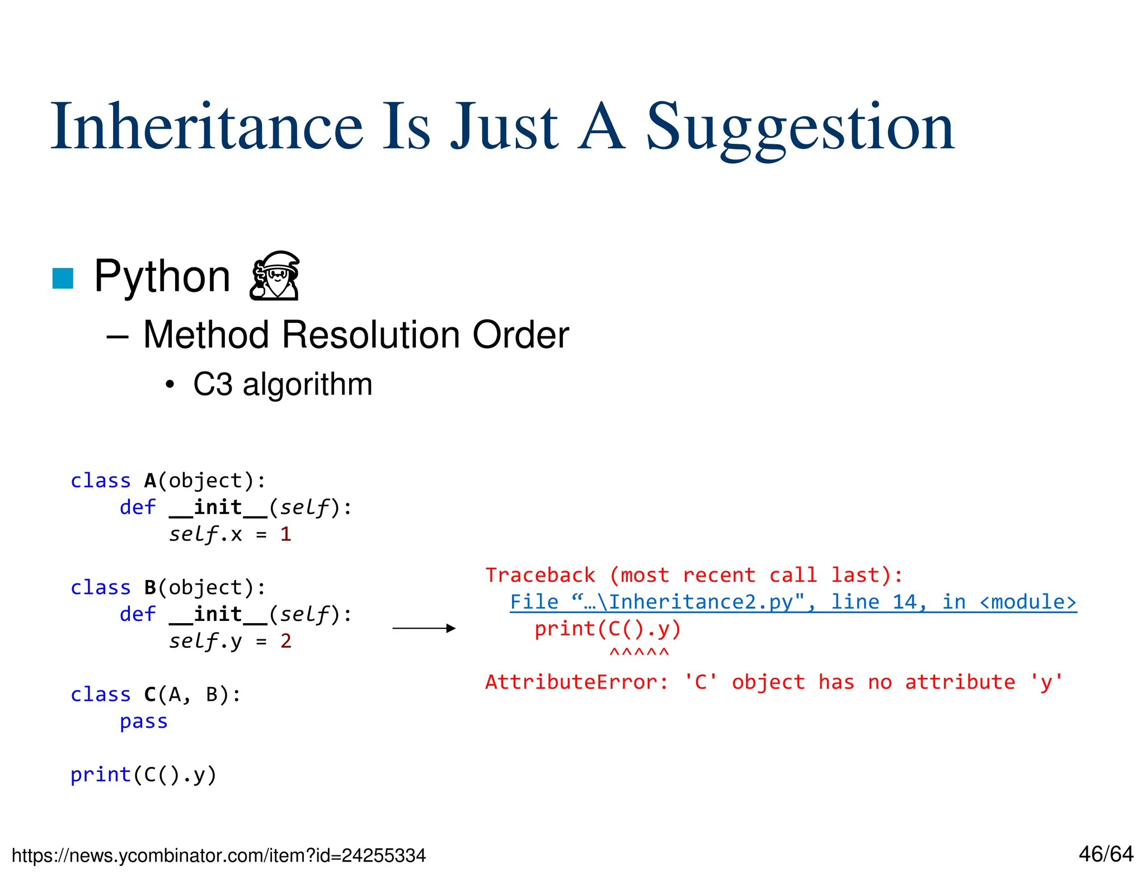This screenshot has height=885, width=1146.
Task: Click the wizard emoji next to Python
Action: [274, 276]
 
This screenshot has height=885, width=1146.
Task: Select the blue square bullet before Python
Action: [63, 279]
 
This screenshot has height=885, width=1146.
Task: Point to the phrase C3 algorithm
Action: [283, 384]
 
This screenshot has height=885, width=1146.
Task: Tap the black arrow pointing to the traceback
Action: [424, 628]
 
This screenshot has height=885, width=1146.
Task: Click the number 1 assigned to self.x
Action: [286, 534]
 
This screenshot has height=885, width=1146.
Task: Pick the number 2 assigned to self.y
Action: [286, 641]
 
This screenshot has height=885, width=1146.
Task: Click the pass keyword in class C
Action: [144, 722]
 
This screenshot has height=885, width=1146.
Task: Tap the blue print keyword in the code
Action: [100, 775]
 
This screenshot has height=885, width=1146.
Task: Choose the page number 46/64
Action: [1106, 854]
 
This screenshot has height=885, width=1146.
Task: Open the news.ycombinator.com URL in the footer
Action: [219, 855]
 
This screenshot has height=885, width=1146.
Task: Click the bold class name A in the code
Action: [150, 481]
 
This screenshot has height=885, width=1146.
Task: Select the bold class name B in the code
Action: [150, 588]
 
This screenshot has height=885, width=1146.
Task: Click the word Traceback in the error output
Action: [540, 575]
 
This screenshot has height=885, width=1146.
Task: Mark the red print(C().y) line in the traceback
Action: [608, 629]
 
